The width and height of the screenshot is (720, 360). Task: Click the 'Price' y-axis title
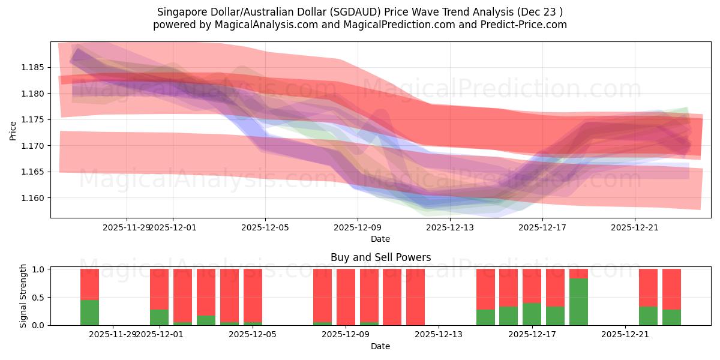tap(13, 130)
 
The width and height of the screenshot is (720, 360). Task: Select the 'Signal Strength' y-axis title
tap(23, 296)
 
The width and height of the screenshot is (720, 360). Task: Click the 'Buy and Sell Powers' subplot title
tap(380, 257)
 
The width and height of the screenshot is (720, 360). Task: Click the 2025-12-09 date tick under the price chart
tap(358, 227)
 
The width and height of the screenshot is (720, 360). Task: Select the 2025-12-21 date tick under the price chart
tap(635, 227)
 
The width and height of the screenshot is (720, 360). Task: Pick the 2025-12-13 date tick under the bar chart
tap(439, 334)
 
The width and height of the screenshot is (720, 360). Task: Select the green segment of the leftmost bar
tap(89, 312)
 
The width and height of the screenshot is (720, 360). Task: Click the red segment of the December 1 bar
tap(159, 289)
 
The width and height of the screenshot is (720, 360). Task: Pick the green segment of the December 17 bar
tap(532, 314)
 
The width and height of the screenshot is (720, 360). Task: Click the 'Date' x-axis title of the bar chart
tap(380, 346)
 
